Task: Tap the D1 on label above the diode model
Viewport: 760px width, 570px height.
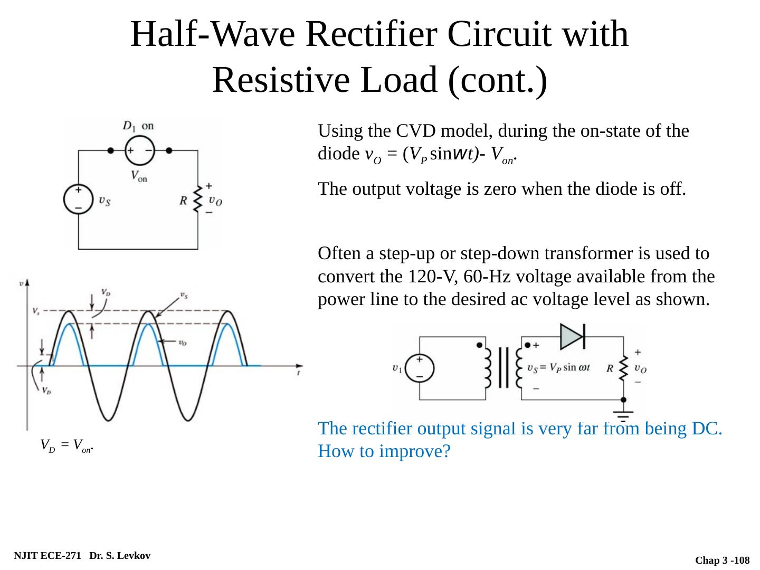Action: click(138, 126)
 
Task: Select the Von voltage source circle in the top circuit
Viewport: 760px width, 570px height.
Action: click(139, 150)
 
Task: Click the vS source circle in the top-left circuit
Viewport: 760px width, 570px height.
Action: click(78, 199)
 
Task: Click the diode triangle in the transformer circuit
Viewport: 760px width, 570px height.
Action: click(572, 336)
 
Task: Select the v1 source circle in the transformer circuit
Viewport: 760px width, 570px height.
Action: click(420, 368)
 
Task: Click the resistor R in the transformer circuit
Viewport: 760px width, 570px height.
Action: click(623, 368)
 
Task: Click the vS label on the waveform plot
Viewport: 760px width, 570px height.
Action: click(184, 296)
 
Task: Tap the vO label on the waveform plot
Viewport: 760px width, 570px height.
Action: click(182, 343)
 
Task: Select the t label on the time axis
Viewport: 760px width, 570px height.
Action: click(299, 373)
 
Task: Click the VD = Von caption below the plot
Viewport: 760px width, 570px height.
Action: click(67, 446)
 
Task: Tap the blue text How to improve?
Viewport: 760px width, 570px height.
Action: click(384, 452)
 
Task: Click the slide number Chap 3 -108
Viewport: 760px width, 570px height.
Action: click(722, 560)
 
